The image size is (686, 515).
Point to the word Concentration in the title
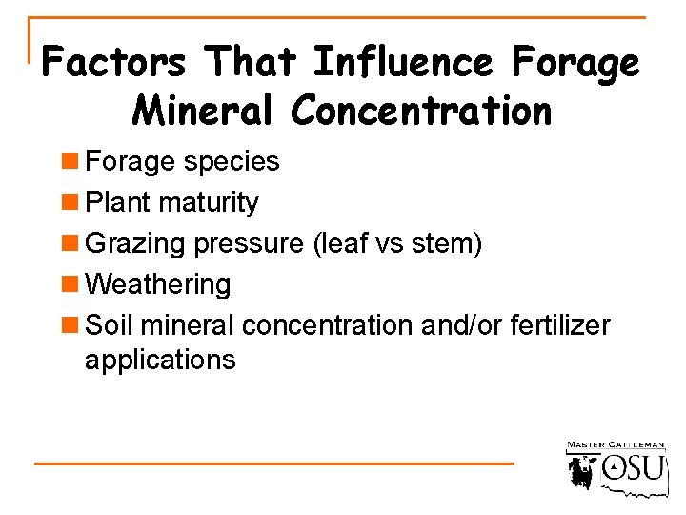pyautogui.click(x=422, y=111)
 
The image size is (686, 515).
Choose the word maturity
pyautogui.click(x=209, y=203)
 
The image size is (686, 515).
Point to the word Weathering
pyautogui.click(x=158, y=285)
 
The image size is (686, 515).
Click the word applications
pyautogui.click(x=160, y=360)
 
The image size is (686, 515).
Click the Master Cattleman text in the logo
pyautogui.click(x=615, y=445)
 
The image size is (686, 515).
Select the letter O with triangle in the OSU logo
pyautogui.click(x=616, y=467)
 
